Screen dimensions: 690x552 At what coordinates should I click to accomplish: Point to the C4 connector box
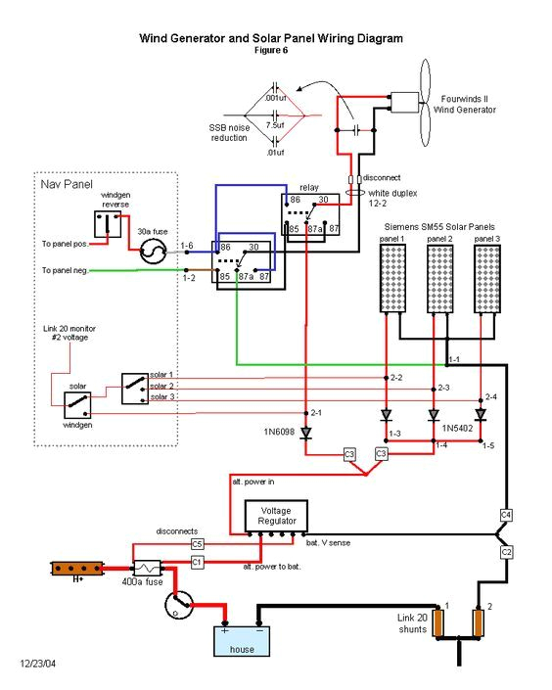point(506,515)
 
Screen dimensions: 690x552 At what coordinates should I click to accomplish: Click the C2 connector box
point(506,553)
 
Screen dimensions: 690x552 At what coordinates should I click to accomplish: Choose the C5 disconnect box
point(197,543)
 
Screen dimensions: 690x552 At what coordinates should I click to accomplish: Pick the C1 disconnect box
point(197,562)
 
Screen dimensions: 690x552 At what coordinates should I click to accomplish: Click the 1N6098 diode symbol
point(305,432)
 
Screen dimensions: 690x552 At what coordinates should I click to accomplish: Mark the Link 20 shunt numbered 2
point(480,622)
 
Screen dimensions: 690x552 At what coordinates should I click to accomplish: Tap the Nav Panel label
point(62,184)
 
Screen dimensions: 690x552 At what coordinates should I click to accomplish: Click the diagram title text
point(271,38)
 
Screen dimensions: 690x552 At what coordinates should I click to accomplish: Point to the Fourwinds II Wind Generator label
point(470,104)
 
